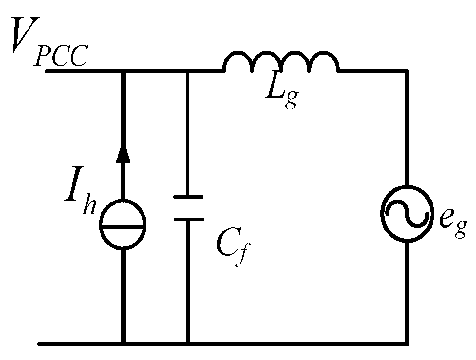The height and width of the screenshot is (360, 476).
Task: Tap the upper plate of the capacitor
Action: point(188,197)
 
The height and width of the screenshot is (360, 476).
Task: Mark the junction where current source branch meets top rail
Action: point(123,71)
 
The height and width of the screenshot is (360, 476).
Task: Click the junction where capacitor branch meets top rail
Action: point(188,71)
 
